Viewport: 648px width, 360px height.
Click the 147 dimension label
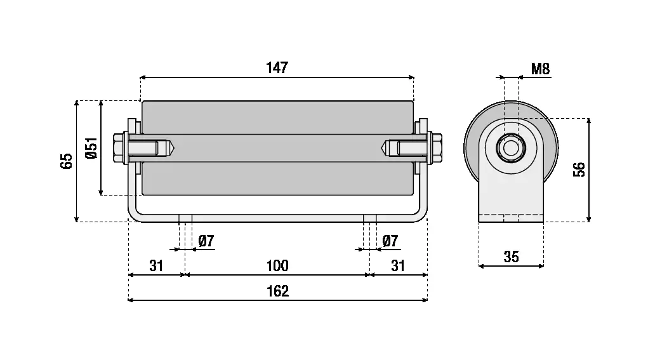277,67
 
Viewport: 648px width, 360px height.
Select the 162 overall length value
278,291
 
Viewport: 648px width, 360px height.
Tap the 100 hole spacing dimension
277,265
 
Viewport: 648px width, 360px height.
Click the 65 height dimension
67,161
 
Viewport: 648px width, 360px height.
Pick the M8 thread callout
540,69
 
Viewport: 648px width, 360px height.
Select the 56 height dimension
579,170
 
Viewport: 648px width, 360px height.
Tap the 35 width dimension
511,257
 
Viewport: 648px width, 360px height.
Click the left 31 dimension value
156,265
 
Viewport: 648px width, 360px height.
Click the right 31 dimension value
398,265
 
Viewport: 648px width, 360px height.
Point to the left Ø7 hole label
206,241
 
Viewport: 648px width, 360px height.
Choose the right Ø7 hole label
391,241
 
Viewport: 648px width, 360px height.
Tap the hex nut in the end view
510,149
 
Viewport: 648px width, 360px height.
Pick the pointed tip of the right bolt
384,148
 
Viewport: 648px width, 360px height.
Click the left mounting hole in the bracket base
185,218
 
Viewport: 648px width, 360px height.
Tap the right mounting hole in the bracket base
370,218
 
